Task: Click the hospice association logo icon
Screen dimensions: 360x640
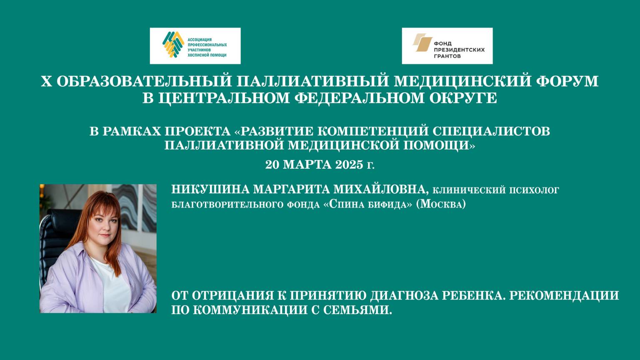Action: coord(173,44)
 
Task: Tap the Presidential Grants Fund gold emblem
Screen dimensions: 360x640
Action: coord(422,43)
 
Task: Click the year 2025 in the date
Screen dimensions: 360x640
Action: coord(343,165)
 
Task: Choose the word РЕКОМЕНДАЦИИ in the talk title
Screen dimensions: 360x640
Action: coord(564,295)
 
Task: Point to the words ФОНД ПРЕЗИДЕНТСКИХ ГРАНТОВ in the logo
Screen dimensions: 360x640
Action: coord(459,49)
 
